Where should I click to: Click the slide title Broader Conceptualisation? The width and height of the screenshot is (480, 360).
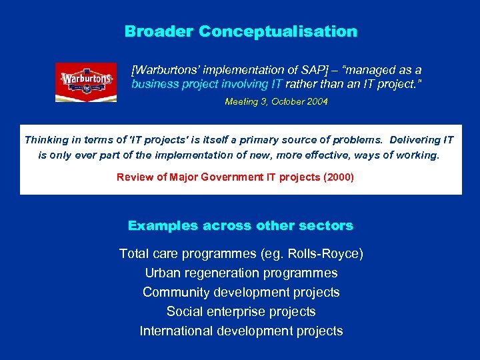point(241,31)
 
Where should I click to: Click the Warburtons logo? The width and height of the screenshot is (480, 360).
point(86,82)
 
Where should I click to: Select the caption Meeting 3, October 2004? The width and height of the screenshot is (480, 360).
point(276,102)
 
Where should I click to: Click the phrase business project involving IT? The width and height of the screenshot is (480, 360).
point(207,84)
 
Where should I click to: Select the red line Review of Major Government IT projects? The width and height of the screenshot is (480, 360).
point(235,177)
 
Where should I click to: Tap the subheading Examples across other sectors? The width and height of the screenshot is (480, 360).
point(241,225)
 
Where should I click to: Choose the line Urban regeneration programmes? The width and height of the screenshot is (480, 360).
point(241,273)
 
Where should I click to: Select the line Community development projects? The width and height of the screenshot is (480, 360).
point(241,292)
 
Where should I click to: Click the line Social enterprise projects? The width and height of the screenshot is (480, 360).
point(241,311)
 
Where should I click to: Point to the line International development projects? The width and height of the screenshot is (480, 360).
point(241,331)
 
